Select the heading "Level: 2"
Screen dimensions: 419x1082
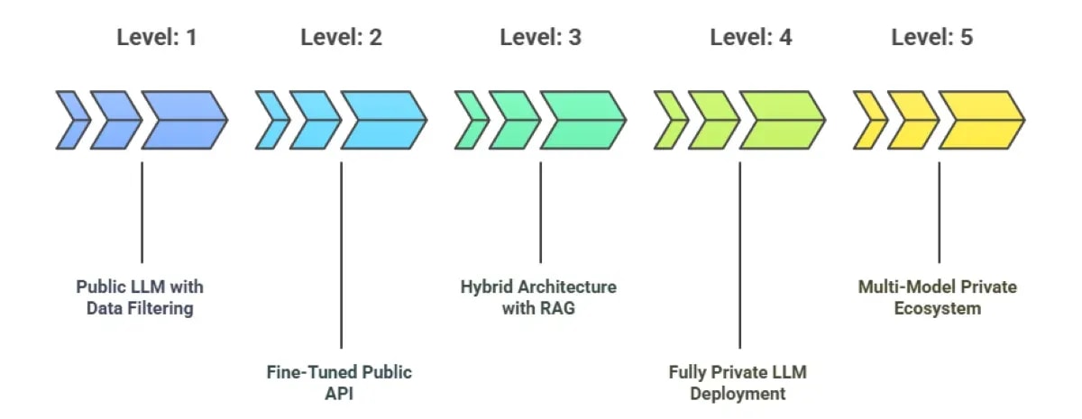[x=341, y=38]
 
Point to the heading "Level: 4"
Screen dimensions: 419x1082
[x=750, y=38]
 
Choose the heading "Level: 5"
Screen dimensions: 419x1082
[x=931, y=38]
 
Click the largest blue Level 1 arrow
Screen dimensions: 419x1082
[x=183, y=120]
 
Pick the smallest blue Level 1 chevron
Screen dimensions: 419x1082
[x=71, y=120]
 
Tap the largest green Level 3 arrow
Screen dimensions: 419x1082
[x=582, y=120]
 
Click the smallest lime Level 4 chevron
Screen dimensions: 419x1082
[x=669, y=120]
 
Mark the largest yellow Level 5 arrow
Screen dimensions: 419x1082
[x=980, y=120]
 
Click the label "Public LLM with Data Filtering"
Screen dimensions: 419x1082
[x=140, y=297]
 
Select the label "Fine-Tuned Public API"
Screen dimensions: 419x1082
[x=339, y=383]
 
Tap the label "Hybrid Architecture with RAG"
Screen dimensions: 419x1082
[x=539, y=297]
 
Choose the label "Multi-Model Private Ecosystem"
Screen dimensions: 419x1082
[x=938, y=297]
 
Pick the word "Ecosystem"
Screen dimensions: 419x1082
[x=938, y=308]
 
